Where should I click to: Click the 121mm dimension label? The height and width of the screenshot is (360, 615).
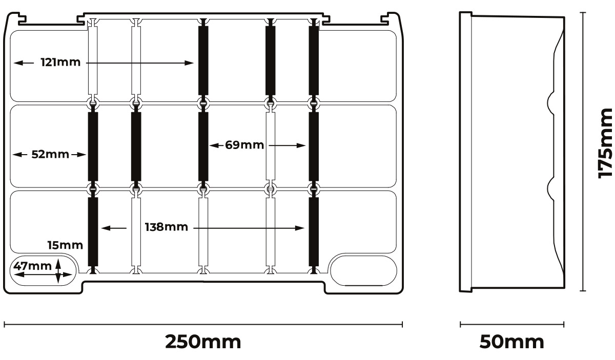coord(60,63)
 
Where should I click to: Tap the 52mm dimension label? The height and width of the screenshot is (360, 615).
coord(50,154)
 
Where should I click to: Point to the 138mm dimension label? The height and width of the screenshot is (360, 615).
coord(166,227)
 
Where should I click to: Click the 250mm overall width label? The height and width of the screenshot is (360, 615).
coord(203,342)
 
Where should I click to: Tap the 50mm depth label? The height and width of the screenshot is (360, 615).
coord(511,342)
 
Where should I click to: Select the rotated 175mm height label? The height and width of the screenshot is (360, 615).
coord(606,143)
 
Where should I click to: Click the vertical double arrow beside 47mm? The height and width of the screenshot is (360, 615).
coord(58,270)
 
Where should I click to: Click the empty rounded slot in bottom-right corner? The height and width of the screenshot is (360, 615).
coord(363,270)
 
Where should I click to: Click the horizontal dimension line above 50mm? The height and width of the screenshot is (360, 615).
coord(511,324)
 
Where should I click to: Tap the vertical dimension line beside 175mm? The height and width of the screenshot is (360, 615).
coord(583,152)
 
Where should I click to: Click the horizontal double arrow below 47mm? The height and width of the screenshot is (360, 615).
coord(36,276)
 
